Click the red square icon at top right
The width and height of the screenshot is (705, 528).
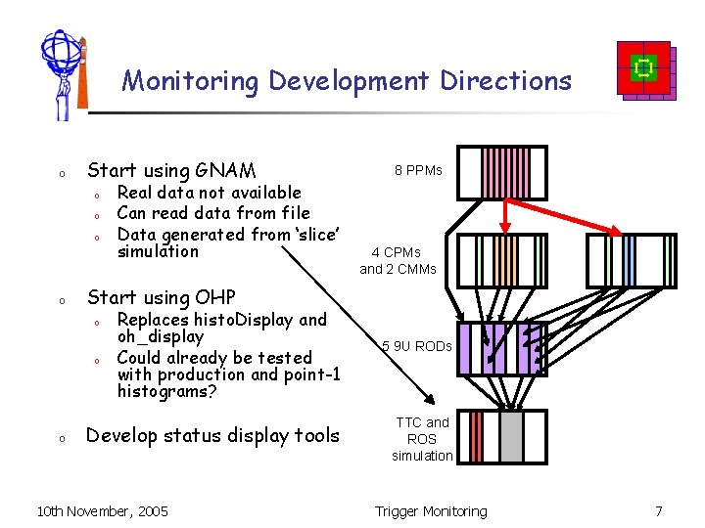644,68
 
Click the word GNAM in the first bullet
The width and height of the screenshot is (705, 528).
226,170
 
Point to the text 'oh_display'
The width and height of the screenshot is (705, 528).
160,336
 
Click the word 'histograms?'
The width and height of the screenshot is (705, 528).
165,392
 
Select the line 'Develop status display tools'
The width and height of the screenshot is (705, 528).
213,436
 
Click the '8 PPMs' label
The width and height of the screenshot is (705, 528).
418,170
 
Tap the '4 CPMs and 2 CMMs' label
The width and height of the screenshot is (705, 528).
398,260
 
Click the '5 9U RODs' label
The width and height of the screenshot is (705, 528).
417,346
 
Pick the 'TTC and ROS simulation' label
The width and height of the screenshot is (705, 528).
422,439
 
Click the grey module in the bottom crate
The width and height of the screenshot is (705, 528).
511,436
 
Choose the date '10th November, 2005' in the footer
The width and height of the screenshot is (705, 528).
102,511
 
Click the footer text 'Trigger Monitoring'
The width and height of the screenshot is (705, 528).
431,511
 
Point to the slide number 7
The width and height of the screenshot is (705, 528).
659,511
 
